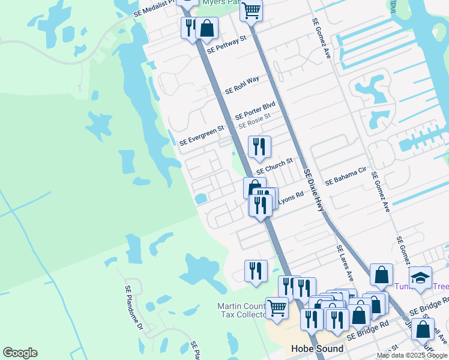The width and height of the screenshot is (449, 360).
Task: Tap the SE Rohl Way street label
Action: pos(242,85)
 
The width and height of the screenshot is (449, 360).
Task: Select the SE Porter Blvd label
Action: pos(255,110)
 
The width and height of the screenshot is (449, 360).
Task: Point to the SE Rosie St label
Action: pos(255,121)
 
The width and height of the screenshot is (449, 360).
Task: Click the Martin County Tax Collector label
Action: pos(242,311)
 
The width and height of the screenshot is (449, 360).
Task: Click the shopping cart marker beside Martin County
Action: pos(276,308)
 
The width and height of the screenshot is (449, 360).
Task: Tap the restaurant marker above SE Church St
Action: pos(259,146)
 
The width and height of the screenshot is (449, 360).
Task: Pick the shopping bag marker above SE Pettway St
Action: pos(206,28)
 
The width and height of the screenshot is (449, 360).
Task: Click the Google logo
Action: pos(20,353)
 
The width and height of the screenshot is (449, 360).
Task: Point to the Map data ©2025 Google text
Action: pos(412,355)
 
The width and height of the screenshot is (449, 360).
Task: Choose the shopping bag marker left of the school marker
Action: pos(381,275)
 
